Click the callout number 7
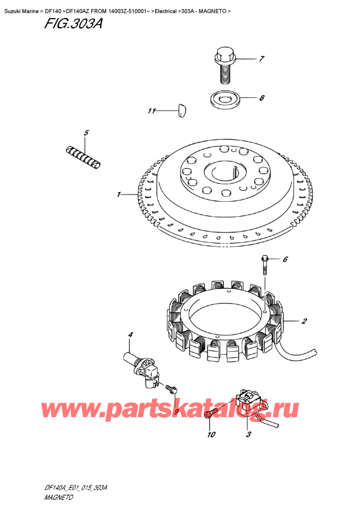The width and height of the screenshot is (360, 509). click(x=262, y=59)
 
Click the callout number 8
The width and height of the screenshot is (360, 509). click(x=262, y=98)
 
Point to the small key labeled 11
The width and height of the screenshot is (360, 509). click(x=182, y=110)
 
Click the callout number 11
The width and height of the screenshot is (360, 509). click(x=152, y=111)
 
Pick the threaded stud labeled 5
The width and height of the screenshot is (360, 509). click(x=83, y=157)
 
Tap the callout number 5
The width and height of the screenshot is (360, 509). click(x=86, y=133)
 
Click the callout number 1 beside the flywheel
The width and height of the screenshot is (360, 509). click(x=119, y=194)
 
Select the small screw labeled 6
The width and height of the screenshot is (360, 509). click(x=265, y=265)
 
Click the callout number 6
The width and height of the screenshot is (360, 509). click(x=285, y=259)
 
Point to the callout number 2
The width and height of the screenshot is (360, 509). click(x=304, y=321)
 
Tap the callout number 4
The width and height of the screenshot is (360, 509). click(x=130, y=334)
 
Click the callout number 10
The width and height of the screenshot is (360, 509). click(x=211, y=435)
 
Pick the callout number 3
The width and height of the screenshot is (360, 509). click(x=248, y=435)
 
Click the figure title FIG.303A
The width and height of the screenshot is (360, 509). click(x=73, y=23)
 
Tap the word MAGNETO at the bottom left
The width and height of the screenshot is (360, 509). click(x=59, y=498)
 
